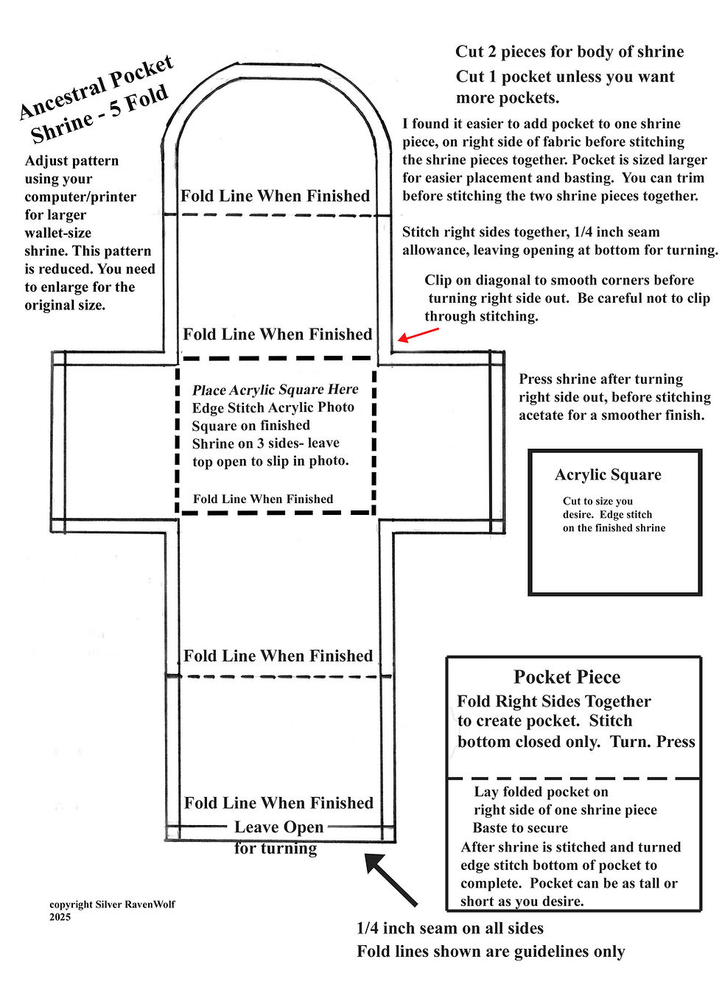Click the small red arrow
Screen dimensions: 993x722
(x=417, y=334)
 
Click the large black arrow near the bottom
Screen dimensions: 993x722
(x=390, y=879)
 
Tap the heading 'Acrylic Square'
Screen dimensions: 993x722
(x=608, y=475)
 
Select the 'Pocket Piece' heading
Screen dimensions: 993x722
(x=567, y=677)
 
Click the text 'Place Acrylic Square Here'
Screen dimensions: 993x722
(x=275, y=390)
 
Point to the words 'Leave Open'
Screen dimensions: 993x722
(x=278, y=827)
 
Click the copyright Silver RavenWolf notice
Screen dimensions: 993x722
(x=112, y=905)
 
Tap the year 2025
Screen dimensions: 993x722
(x=60, y=917)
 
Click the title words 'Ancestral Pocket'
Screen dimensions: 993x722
(x=96, y=87)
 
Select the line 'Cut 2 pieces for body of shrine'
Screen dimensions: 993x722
(x=569, y=52)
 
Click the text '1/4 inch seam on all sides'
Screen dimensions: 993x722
(x=449, y=928)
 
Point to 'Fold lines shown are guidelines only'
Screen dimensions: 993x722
(x=491, y=952)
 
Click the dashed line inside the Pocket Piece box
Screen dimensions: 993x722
(x=573, y=779)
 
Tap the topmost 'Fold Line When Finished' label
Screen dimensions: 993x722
(x=275, y=196)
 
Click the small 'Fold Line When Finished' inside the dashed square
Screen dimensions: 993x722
(x=263, y=499)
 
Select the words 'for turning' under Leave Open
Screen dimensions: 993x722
(x=276, y=848)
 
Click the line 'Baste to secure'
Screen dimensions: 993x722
(x=520, y=828)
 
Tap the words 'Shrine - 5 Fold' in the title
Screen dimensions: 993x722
(x=99, y=116)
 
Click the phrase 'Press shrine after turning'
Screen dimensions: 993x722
(x=600, y=379)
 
